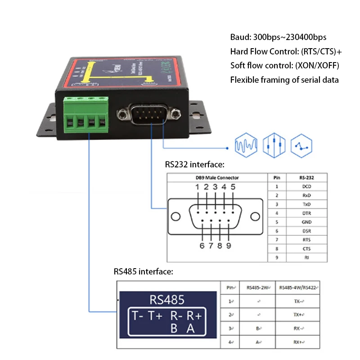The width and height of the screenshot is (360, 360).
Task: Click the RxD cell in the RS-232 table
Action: [x=307, y=195]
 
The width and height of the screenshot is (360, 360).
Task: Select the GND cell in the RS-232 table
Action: [x=307, y=222]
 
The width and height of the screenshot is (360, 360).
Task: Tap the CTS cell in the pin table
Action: [x=307, y=248]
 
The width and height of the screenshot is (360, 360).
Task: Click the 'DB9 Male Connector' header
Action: [x=217, y=178]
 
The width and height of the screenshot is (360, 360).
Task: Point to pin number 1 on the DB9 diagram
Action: [x=197, y=187]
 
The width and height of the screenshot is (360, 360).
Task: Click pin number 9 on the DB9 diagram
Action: [x=229, y=245]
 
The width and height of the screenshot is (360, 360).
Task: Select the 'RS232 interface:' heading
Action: [x=194, y=165]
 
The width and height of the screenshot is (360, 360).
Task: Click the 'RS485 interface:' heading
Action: [x=143, y=272]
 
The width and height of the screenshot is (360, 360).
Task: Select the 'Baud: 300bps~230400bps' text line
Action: [x=278, y=37]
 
